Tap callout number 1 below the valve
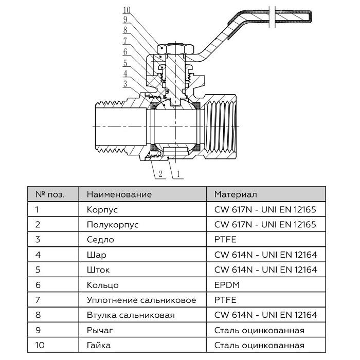click(x=178, y=174)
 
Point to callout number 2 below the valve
click(x=160, y=174)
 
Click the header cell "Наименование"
click(x=119, y=195)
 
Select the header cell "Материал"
click(x=236, y=195)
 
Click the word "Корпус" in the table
click(x=102, y=210)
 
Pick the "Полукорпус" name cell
click(x=113, y=225)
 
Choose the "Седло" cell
click(x=100, y=240)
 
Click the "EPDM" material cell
click(x=225, y=285)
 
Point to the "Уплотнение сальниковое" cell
click(x=141, y=300)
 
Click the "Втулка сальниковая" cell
click(x=131, y=315)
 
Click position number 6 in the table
click(x=38, y=285)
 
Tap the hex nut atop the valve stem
click(x=174, y=50)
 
